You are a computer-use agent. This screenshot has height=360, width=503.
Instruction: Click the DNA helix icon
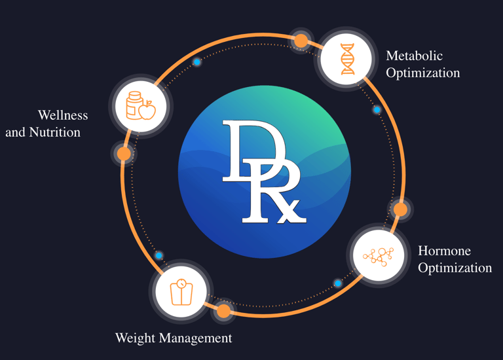click(347, 59)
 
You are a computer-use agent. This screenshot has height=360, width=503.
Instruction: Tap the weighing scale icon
click(181, 292)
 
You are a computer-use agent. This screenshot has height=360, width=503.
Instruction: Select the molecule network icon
click(378, 255)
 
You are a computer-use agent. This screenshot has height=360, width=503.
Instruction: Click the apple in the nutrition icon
click(148, 110)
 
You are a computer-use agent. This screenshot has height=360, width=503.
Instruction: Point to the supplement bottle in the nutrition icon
click(134, 105)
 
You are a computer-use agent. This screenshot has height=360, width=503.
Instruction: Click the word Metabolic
click(414, 56)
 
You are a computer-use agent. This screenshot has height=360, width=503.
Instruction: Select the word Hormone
click(444, 251)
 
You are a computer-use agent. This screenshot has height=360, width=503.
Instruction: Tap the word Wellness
click(63, 115)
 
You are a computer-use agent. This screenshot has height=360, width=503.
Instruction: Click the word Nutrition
click(55, 132)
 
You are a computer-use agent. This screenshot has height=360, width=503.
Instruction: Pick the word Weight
click(135, 338)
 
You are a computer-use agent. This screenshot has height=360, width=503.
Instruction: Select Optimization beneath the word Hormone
click(455, 268)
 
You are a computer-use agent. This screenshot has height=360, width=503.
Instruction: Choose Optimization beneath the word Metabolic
click(422, 73)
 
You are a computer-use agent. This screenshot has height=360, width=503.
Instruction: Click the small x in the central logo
click(292, 211)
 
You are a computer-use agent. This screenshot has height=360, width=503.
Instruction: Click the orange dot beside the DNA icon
click(301, 41)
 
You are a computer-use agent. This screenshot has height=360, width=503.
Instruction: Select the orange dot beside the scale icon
click(223, 311)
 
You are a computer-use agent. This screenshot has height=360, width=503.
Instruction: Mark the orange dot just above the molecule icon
click(400, 209)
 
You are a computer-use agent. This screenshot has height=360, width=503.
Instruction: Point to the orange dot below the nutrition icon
click(123, 154)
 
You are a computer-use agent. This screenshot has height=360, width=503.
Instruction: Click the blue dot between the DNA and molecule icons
click(377, 109)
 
